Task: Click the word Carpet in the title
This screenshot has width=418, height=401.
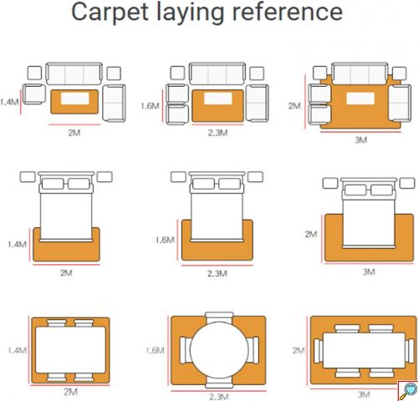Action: click(110, 13)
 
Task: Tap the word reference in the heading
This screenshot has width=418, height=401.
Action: click(288, 12)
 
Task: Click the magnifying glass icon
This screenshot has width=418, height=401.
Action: click(408, 391)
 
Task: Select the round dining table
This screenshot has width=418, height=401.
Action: click(219, 350)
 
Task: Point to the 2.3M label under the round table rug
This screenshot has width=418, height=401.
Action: click(219, 397)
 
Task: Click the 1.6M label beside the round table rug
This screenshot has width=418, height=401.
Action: click(155, 350)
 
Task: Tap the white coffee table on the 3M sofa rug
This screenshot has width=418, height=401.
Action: click(360, 99)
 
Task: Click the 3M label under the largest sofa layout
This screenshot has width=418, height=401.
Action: click(360, 140)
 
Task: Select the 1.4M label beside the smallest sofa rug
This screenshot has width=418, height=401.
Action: click(9, 102)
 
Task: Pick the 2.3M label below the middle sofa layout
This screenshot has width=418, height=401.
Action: click(217, 133)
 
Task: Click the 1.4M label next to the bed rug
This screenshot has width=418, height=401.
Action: click(18, 245)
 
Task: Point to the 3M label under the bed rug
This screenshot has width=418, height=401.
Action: click(369, 272)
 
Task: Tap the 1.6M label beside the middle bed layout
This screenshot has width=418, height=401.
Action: click(165, 240)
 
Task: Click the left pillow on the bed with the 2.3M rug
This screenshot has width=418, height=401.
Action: click(203, 184)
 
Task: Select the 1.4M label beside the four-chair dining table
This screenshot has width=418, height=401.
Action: click(17, 350)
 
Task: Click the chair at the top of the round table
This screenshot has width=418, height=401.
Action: click(219, 317)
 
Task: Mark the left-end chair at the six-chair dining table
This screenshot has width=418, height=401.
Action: click(319, 351)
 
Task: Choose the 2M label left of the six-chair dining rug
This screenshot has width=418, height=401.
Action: click(298, 350)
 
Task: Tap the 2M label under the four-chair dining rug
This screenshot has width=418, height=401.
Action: click(70, 392)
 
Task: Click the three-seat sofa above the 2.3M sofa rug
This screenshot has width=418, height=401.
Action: click(217, 74)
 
